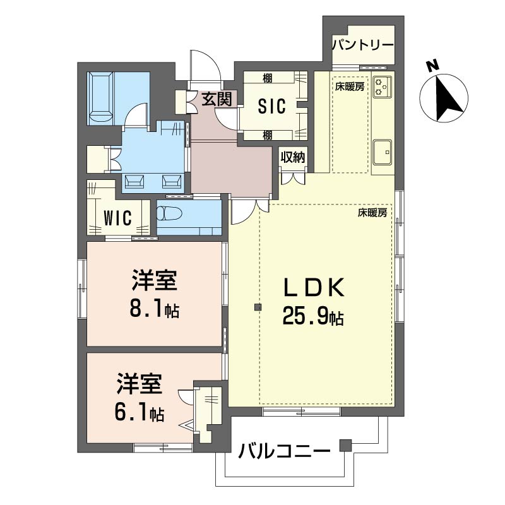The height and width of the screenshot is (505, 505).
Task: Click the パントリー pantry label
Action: coord(362,45)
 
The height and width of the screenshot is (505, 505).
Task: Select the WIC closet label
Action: coord(117,218)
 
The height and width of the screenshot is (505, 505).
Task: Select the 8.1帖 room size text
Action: coord(155,309)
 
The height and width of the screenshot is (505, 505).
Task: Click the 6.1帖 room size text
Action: coord(140,413)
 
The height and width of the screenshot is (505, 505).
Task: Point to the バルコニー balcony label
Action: coord(284,452)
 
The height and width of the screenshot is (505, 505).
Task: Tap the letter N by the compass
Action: coord(432,66)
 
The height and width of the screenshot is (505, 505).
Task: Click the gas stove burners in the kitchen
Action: coord(382,86)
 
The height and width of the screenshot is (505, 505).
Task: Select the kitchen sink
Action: coord(383,151)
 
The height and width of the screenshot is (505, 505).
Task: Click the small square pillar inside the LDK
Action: coord(258,307)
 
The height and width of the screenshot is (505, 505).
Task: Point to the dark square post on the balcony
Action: coord(344,446)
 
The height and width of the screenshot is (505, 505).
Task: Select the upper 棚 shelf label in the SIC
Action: coord(268,78)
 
